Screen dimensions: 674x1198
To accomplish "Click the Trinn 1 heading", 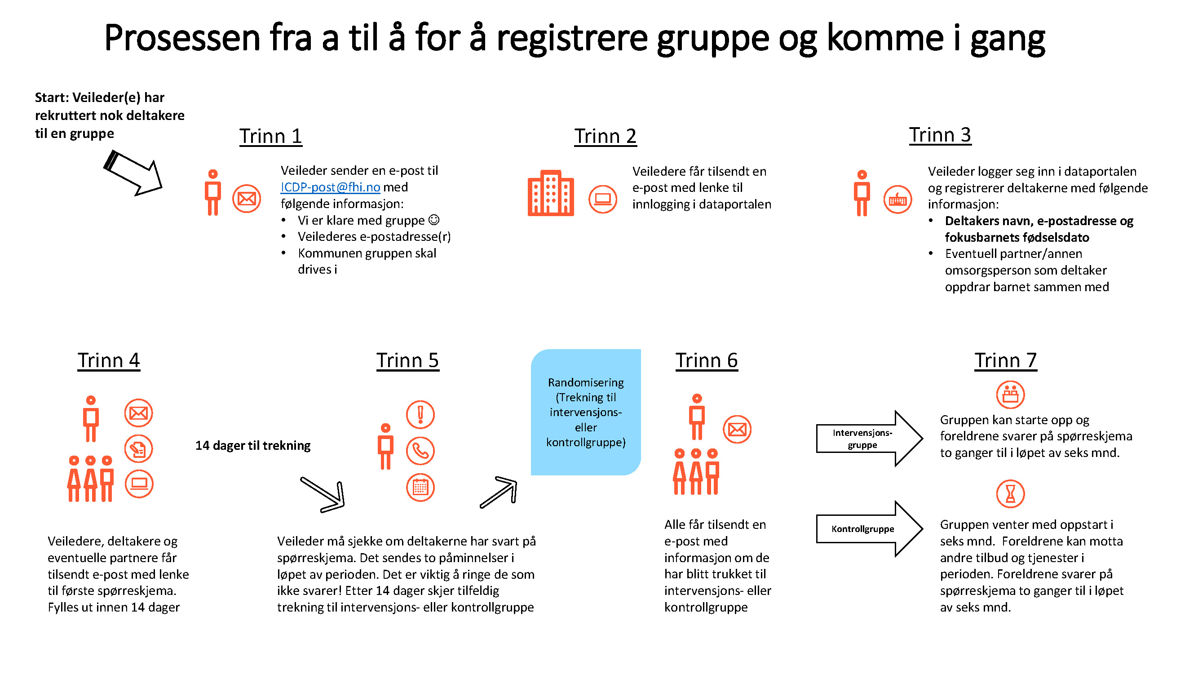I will tap(271, 136).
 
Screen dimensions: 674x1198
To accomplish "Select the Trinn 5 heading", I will tap(407, 360).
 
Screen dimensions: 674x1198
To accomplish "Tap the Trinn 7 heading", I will tap(1005, 360).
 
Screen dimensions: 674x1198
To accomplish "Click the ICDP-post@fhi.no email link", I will tap(330, 187).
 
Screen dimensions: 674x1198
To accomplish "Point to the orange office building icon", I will tap(551, 193).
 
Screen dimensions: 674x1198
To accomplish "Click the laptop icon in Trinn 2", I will tap(603, 199).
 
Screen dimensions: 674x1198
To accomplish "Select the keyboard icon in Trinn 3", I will tap(897, 200).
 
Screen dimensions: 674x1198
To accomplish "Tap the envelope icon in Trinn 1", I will tap(247, 199).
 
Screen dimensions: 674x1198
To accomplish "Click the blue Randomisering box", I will tap(585, 412).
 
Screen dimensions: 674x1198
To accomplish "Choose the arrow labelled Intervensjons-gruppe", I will tap(869, 439).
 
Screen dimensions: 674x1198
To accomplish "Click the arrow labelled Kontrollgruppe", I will tap(869, 529).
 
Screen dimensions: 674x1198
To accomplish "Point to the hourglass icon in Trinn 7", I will tap(1010, 494).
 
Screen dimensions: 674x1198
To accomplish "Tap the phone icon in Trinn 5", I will tap(420, 451).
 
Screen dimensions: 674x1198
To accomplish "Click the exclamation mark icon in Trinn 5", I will tap(420, 414).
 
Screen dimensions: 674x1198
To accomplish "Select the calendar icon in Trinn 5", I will tap(420, 488).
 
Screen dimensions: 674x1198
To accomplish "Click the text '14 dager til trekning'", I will tap(253, 446).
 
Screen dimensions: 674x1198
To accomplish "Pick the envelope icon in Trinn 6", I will tap(737, 429).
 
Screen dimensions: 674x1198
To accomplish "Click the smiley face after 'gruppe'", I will tap(434, 220).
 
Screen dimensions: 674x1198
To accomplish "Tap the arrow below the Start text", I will tap(133, 173).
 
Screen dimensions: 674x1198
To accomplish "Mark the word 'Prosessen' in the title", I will tap(182, 38).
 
